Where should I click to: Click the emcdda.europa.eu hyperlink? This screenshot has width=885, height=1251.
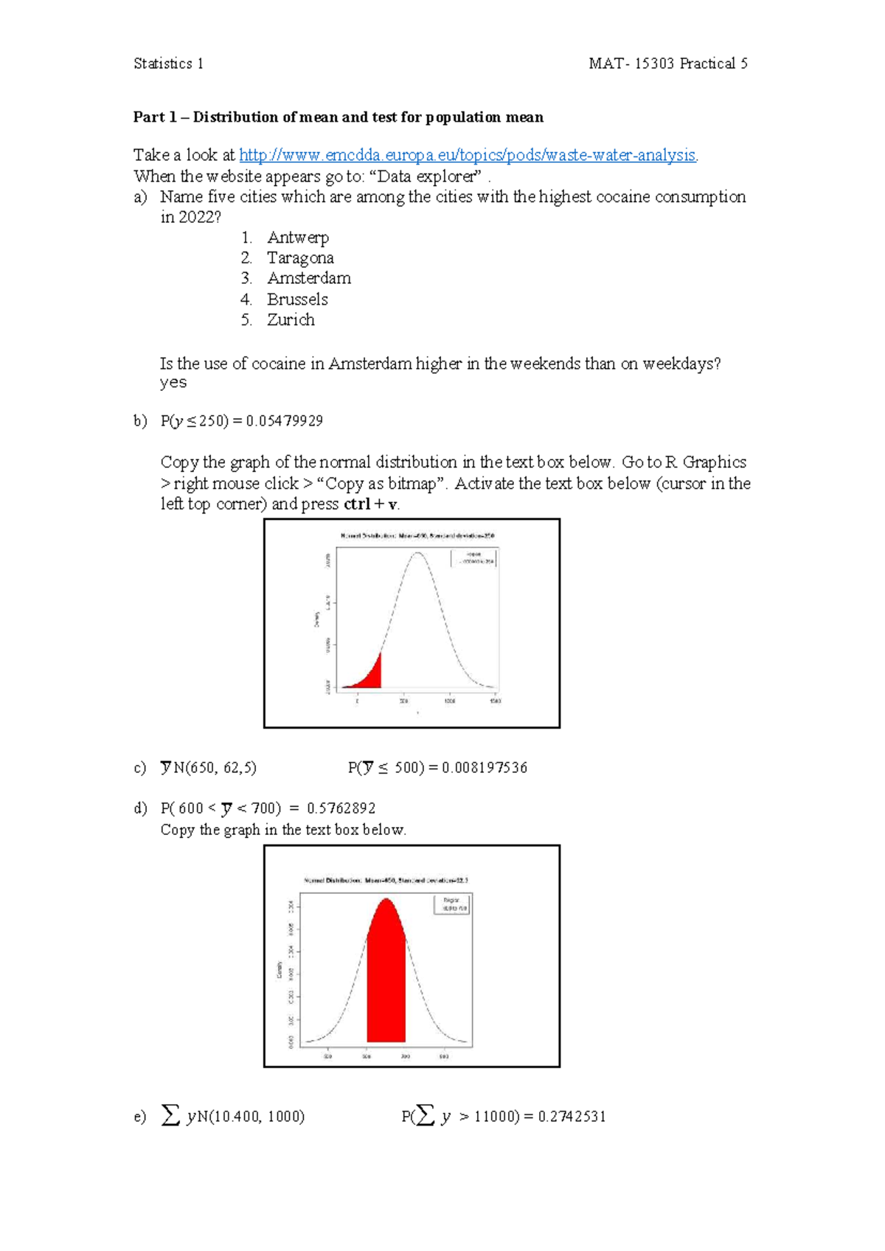468,155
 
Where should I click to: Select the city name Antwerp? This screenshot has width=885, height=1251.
298,238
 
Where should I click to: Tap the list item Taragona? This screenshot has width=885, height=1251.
300,258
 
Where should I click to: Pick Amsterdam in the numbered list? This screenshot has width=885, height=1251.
309,278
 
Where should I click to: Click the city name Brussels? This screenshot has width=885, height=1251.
297,299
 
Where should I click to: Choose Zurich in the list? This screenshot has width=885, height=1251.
291,320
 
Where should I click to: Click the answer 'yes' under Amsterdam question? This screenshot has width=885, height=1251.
173,382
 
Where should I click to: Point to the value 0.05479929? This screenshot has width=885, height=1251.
284,420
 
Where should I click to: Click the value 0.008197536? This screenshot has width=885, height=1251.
485,768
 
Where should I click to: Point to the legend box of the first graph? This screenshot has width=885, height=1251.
474,558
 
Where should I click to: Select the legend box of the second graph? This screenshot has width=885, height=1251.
451,904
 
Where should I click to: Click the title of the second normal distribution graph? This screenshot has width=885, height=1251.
386,880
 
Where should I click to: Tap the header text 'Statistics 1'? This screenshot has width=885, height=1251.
168,63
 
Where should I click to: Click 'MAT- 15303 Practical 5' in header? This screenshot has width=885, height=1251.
667,63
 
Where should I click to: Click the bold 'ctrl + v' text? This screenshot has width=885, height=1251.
371,505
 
